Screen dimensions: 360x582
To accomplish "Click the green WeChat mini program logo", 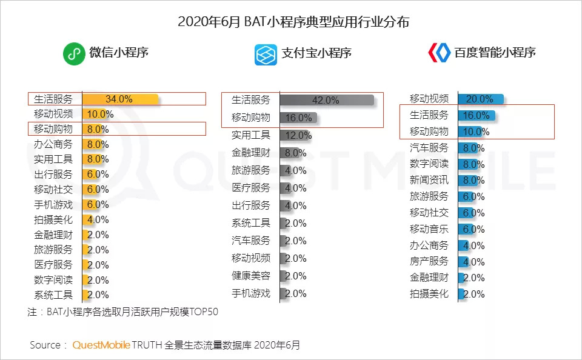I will tap(74, 54).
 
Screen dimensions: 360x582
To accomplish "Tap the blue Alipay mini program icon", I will tap(266, 54).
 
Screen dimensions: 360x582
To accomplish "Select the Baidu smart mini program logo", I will tap(439, 53).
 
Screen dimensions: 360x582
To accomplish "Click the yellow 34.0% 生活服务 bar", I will tap(120, 99).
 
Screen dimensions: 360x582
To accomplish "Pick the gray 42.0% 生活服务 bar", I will tap(327, 100).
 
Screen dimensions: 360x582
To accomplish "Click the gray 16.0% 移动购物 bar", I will tap(298, 118).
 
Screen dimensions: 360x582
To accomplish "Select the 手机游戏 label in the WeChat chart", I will tap(53, 205).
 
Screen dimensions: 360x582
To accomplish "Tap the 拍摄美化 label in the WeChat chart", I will tap(53, 220).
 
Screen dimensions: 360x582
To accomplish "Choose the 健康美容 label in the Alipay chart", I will tap(251, 276).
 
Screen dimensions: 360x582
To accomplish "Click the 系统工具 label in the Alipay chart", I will tap(251, 223).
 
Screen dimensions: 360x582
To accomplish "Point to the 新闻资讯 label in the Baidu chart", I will tap(429, 180).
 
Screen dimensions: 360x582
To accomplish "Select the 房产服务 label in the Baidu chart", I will tap(429, 261).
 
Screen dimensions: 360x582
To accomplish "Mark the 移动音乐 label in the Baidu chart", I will tap(429, 229).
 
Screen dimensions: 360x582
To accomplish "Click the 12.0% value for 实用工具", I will tap(299, 135).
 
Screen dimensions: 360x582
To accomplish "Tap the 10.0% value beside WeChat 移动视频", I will tap(101, 114).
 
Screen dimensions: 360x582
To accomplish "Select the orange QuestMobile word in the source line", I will tap(101, 345).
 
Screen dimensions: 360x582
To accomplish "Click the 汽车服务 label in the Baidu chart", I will tap(429, 148).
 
